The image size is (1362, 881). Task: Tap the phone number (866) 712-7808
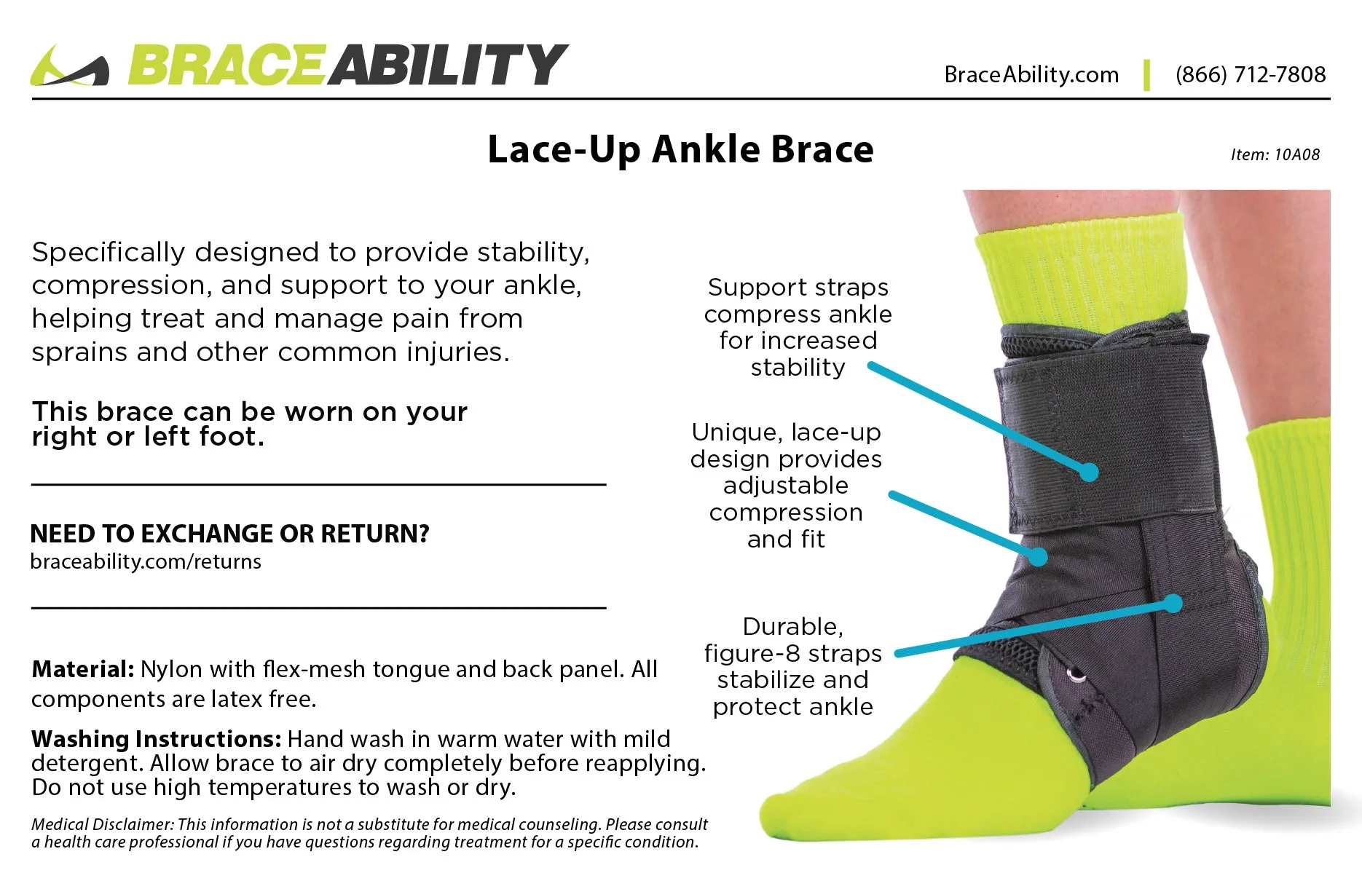[x=1250, y=74]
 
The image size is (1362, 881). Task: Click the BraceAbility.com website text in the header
[x=1031, y=74]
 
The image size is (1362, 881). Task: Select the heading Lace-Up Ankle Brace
[x=680, y=150]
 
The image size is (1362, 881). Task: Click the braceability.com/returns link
[x=146, y=562]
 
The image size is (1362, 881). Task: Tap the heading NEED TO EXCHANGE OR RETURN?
[x=229, y=534]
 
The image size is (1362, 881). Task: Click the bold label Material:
[x=82, y=669]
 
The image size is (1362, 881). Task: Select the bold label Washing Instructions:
[x=156, y=739]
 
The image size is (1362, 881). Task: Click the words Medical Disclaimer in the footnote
[x=101, y=824]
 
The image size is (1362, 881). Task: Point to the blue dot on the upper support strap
[x=1089, y=472]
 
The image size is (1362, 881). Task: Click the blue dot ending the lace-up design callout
[x=1039, y=557]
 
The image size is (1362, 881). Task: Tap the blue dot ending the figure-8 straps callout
[x=1173, y=604]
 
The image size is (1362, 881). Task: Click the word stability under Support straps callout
[x=798, y=368]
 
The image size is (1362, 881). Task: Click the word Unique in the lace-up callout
[x=735, y=432]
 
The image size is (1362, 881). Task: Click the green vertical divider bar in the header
[x=1147, y=75]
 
